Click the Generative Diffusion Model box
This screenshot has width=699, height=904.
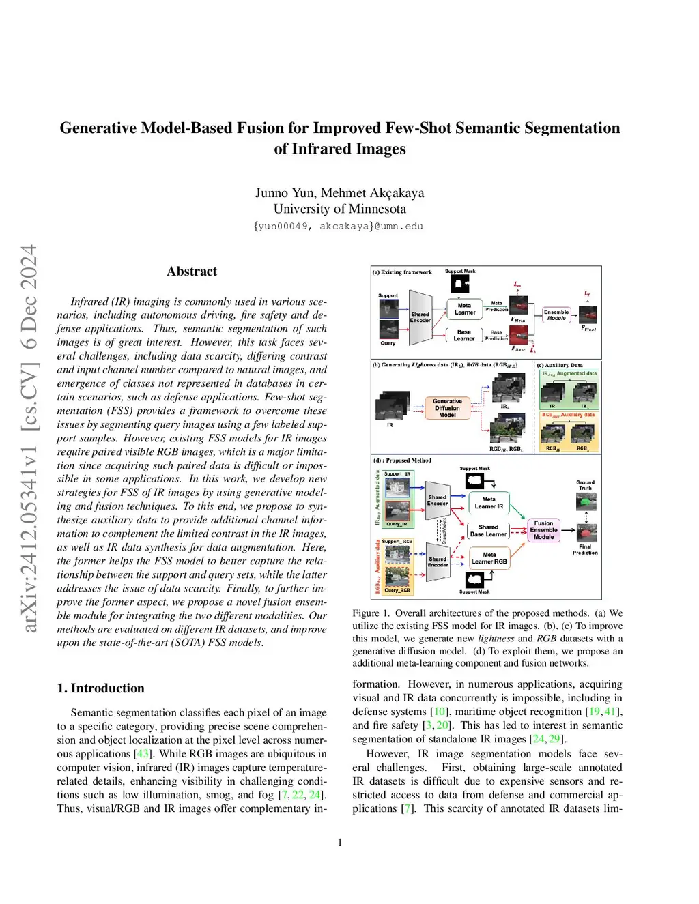click(447, 408)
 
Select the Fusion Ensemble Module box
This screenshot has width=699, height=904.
click(543, 530)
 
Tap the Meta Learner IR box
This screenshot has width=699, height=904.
click(489, 503)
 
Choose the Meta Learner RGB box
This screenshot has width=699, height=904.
click(489, 558)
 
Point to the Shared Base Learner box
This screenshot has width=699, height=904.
click(488, 531)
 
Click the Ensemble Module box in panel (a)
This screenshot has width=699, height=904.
click(556, 315)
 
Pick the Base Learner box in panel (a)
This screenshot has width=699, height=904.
click(464, 335)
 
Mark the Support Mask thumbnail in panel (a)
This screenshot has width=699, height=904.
click(460, 284)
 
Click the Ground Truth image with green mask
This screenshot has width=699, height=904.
click(586, 502)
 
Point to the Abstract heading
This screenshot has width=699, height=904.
click(192, 272)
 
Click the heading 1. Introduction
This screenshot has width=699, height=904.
click(101, 688)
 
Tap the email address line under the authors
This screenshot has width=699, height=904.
click(339, 227)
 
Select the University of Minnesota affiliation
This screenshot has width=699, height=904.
click(340, 209)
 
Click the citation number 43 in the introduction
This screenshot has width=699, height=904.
click(142, 754)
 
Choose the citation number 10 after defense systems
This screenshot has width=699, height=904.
click(440, 712)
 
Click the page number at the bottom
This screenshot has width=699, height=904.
click(340, 843)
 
